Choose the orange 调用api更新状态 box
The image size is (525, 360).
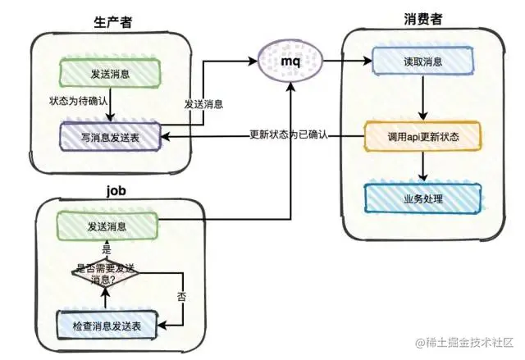click(422, 134)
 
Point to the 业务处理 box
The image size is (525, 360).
click(422, 198)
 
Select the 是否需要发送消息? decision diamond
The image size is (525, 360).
click(106, 272)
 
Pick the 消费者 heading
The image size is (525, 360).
click(421, 18)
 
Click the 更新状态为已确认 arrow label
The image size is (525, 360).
click(288, 134)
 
